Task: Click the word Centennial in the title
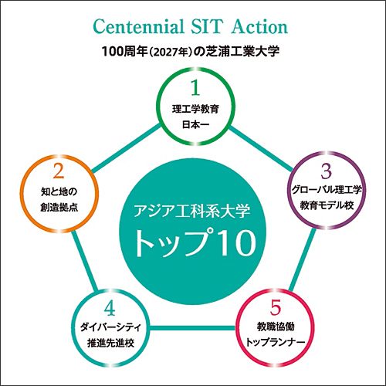pos(139,26)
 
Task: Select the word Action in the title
pos(259,26)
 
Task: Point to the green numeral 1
pos(195,88)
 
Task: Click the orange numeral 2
pos(59,171)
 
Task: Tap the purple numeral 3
pos(327,171)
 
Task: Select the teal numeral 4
pos(110,308)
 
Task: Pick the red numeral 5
pos(276,307)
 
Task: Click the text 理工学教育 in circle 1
pos(195,109)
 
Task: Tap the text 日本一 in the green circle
pos(195,125)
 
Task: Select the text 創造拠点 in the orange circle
pos(59,208)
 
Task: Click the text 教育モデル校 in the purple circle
pos(327,205)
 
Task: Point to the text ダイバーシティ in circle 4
pos(110,327)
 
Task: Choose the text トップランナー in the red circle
pos(276,343)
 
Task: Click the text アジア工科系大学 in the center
pos(191,211)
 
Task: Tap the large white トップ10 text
pos(195,242)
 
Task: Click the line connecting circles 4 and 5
pos(193,328)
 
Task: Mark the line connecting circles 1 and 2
pos(126,148)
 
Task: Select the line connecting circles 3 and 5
pos(302,260)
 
